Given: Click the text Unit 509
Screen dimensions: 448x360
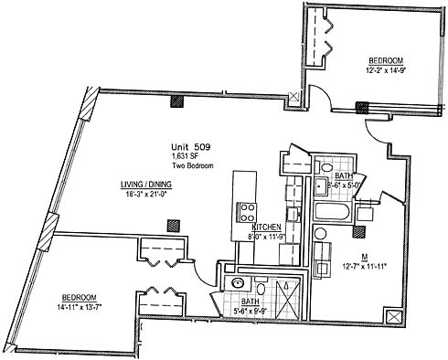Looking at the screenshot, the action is coord(191,147).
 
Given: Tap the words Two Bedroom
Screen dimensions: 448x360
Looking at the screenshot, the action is coord(193,166).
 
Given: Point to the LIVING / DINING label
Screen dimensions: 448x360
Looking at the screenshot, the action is coord(146,185).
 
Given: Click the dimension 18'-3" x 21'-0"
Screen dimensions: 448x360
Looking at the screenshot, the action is coord(146,194).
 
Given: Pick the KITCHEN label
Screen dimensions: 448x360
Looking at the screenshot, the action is coord(266,227).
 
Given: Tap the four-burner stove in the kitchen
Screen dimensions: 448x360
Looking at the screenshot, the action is coord(248,213).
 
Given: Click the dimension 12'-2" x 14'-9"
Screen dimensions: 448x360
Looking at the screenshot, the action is coord(387,70).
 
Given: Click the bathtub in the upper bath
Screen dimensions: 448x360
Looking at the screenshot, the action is coord(332,211).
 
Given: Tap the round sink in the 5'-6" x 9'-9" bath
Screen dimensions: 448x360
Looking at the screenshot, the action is coord(238,283).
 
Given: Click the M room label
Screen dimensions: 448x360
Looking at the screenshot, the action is coord(364,257).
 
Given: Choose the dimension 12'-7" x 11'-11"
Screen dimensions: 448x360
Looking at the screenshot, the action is coord(364,266).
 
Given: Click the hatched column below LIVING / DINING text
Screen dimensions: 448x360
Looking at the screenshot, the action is coord(174,226).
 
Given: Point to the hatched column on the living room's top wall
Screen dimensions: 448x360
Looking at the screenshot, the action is coord(176,101).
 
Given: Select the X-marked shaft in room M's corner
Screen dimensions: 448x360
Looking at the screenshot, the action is coord(394,318).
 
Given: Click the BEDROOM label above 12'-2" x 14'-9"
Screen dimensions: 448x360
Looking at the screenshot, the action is coord(386,60).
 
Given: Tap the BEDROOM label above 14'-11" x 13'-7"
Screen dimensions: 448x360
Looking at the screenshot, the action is coord(80,297).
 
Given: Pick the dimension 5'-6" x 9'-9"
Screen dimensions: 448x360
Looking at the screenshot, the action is coord(251,311).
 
